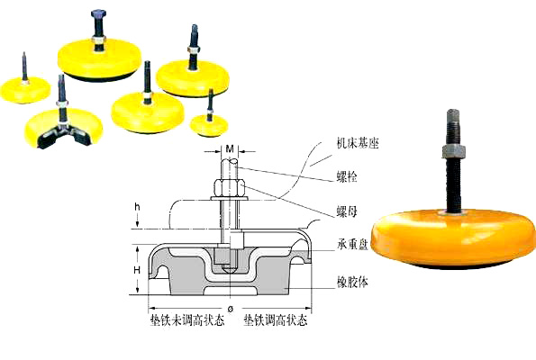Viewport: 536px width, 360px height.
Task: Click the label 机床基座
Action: [x=358, y=143]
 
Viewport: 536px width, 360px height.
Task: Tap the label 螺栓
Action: [x=347, y=177]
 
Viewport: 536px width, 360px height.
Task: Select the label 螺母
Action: [x=347, y=211]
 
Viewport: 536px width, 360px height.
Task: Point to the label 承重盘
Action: [x=352, y=245]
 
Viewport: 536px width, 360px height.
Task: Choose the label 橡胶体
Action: [x=352, y=283]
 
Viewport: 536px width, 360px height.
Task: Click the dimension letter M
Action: [x=230, y=148]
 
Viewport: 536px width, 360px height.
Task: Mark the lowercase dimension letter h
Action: [x=137, y=207]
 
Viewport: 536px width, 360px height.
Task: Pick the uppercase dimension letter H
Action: [x=137, y=270]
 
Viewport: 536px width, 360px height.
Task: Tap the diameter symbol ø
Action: [x=230, y=309]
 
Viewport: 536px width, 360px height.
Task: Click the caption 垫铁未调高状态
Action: [x=187, y=320]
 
